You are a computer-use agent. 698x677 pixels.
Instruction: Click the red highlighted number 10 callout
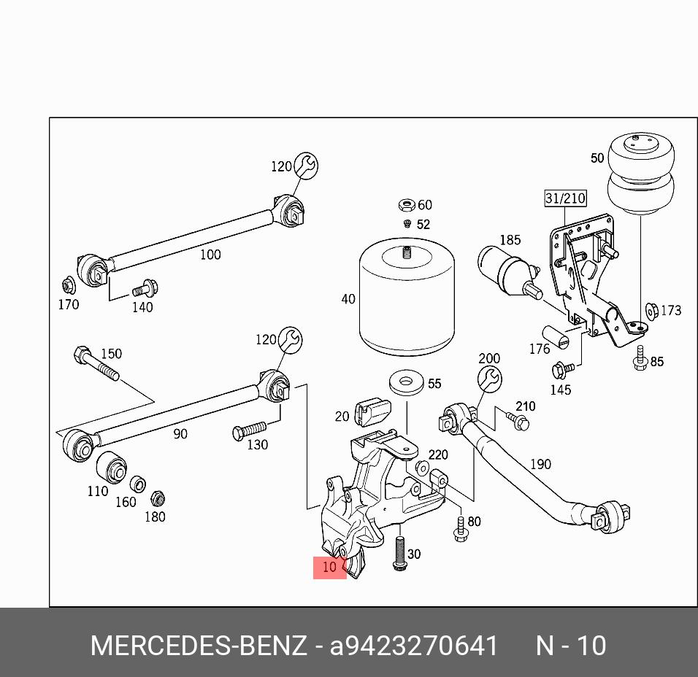329,567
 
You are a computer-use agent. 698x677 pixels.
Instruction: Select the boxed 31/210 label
564,198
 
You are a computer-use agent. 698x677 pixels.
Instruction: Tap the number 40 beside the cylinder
348,299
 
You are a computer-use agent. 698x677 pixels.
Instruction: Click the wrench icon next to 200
489,378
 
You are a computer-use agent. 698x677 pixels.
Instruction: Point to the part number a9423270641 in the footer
414,646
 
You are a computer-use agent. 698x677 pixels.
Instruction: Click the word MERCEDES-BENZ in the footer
198,646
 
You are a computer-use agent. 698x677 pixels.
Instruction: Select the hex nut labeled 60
407,206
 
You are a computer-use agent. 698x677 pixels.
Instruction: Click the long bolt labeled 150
96,365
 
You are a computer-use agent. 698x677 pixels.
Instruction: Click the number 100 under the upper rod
210,255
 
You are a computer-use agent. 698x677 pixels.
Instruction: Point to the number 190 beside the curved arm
540,464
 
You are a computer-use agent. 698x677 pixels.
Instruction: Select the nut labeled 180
156,500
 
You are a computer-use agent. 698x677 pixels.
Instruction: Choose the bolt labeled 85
640,358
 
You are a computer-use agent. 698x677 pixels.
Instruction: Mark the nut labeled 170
67,285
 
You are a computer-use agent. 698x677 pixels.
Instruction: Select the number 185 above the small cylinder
510,239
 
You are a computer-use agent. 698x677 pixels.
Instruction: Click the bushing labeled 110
111,466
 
